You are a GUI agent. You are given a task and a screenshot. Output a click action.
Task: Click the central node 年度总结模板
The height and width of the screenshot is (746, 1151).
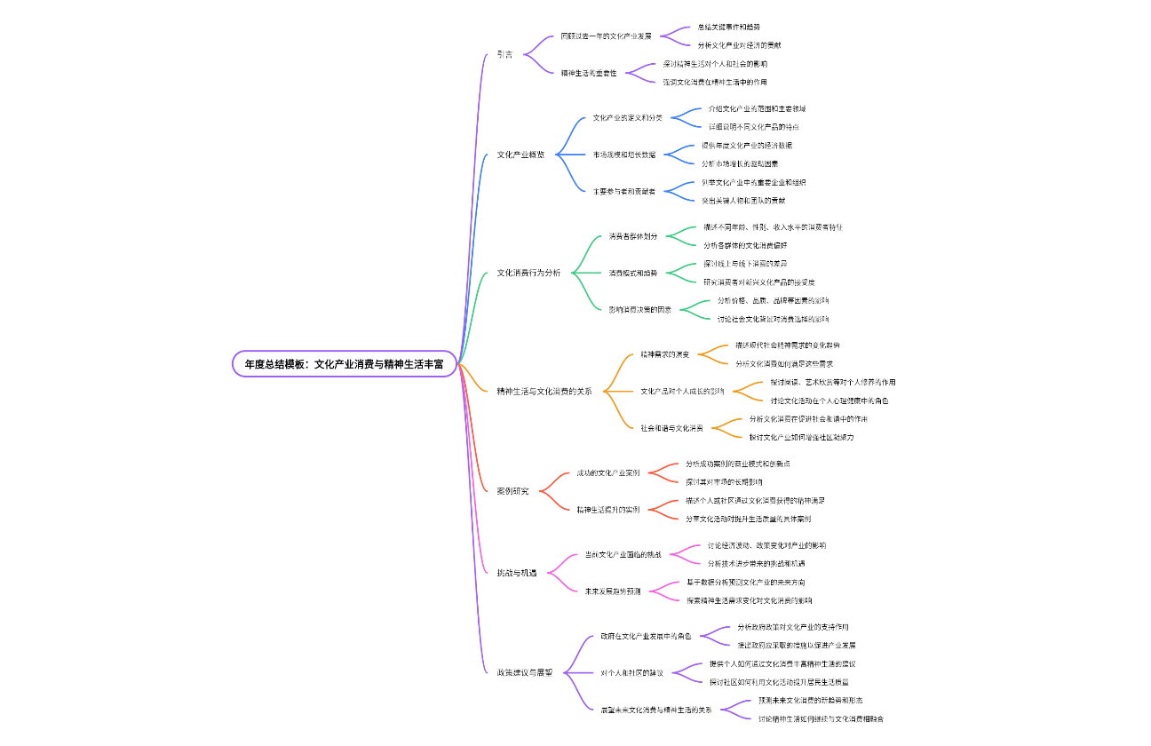344,363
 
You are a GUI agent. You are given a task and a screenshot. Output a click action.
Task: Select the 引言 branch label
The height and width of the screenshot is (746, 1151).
504,54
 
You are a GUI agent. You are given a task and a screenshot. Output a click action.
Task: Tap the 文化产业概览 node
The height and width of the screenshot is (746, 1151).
520,155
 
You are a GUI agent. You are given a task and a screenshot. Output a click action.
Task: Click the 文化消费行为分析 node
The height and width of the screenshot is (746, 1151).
528,273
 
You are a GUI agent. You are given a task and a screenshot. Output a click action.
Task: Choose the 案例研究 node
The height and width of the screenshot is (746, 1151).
512,491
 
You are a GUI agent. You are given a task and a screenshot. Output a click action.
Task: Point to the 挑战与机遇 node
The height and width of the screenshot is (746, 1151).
516,573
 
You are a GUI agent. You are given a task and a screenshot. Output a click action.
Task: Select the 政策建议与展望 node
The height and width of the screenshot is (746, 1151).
524,672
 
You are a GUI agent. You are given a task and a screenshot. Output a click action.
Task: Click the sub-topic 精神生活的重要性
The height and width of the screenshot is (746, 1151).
588,73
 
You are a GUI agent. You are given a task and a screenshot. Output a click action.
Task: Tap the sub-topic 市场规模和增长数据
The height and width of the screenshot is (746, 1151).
624,155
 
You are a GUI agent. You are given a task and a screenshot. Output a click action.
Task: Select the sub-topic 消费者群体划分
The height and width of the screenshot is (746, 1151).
633,236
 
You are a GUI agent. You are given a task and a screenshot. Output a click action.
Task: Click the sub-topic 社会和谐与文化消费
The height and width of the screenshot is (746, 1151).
671,428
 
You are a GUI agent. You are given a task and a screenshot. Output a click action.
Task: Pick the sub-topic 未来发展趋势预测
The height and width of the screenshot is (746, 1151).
612,591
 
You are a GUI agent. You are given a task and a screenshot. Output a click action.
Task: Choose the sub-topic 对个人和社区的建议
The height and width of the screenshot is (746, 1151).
631,672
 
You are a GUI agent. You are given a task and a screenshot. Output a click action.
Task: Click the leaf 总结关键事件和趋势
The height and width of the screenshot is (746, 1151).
728,28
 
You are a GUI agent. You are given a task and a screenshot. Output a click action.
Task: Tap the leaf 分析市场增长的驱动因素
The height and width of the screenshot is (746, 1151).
740,163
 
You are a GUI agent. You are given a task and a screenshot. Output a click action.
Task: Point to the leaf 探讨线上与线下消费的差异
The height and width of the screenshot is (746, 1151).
744,264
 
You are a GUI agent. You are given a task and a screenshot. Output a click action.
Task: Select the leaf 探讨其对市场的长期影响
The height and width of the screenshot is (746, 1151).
723,482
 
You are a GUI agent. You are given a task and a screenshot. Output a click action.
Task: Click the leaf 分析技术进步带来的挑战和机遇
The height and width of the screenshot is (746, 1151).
756,563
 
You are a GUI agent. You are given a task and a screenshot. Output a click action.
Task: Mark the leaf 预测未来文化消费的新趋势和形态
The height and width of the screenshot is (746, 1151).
810,700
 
